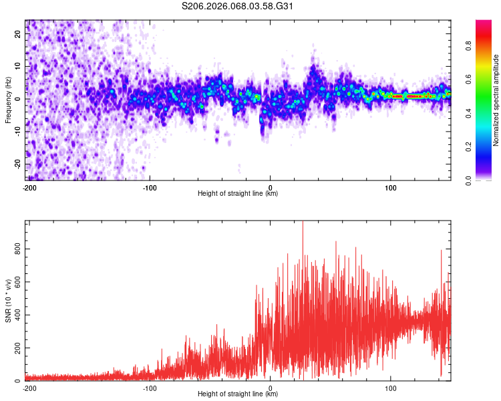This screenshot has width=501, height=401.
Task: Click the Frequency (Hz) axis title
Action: click(x=8, y=100)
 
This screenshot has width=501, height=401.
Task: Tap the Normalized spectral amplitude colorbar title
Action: click(x=496, y=100)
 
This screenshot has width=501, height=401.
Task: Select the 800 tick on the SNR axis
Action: click(x=17, y=249)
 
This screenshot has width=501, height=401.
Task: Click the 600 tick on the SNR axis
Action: click(x=17, y=281)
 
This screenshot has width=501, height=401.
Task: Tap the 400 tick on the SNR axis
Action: click(x=17, y=315)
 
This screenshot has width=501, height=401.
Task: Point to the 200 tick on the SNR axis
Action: click(x=17, y=348)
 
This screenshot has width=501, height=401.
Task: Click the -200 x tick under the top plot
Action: click(x=29, y=186)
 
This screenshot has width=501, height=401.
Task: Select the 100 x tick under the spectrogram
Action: click(x=391, y=186)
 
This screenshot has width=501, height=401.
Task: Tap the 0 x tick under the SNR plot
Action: click(x=271, y=388)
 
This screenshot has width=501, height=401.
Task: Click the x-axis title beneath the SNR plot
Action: click(x=238, y=394)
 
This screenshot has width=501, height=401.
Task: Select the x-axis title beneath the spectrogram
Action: click(x=238, y=194)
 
